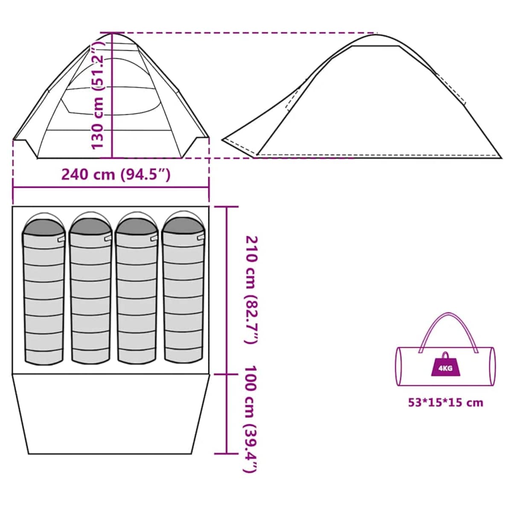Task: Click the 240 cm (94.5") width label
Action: (x=116, y=175)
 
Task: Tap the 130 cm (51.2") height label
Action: (x=97, y=96)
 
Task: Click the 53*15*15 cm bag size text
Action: (x=445, y=403)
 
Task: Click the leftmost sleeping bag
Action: (x=44, y=291)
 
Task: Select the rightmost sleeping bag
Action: (x=183, y=290)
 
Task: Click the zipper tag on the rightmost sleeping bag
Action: (x=201, y=238)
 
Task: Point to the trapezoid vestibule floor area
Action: (x=111, y=414)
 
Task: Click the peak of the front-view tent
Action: (x=113, y=34)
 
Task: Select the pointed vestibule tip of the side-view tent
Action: (x=223, y=140)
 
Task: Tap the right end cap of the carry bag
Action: (x=492, y=367)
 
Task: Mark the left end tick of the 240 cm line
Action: (x=13, y=188)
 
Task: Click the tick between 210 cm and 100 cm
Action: (x=227, y=374)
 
